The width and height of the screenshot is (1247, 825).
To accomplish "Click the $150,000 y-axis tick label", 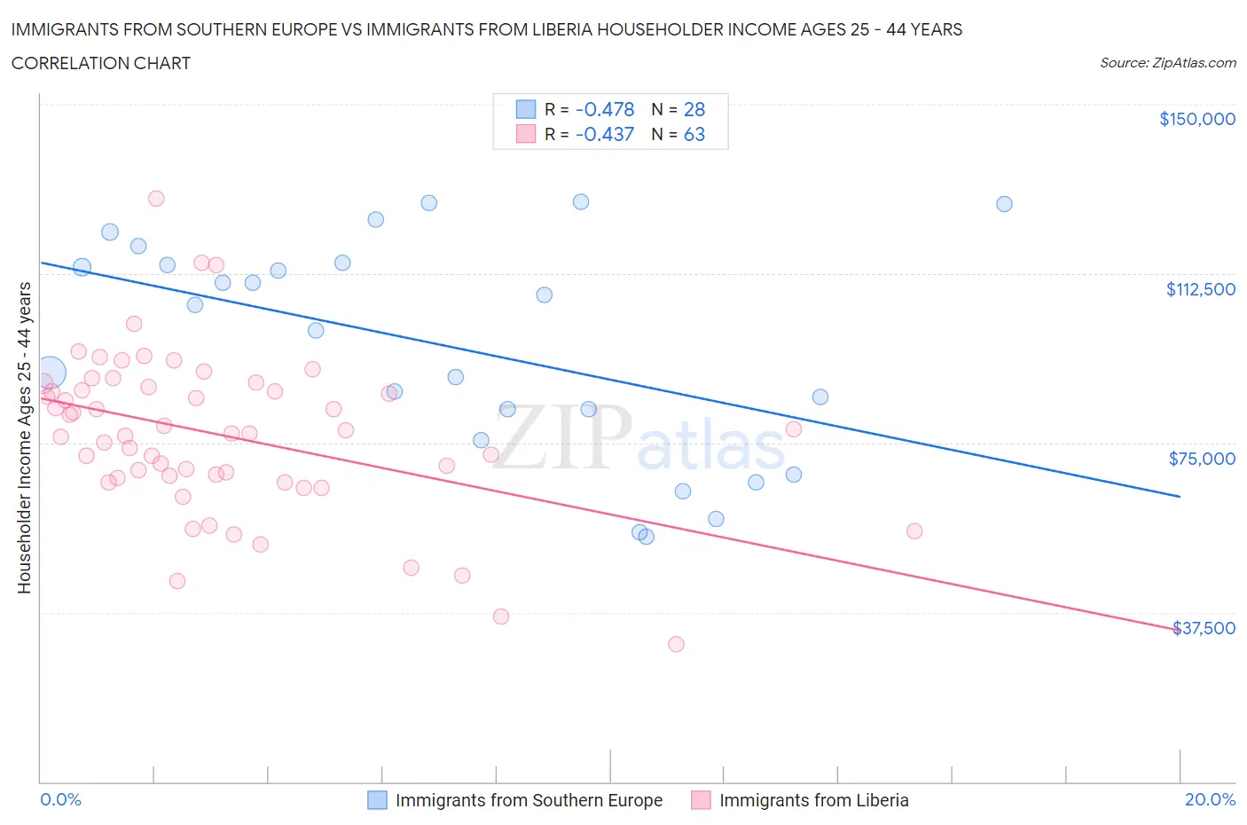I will click(x=1196, y=119).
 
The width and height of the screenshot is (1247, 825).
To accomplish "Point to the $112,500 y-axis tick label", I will click(x=1200, y=289).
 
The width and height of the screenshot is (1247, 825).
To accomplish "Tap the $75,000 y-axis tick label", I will click(x=1202, y=459).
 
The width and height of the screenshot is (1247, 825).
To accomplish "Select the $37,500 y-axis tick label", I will click(x=1204, y=628).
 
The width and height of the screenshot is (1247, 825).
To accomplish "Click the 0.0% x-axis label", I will click(x=60, y=799).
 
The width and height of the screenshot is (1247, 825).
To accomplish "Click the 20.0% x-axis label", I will click(x=1210, y=799).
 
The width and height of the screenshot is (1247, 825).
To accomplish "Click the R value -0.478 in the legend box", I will click(x=605, y=109).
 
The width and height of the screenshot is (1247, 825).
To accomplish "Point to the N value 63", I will click(x=694, y=134).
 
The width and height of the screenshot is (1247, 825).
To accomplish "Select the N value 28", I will click(x=694, y=109).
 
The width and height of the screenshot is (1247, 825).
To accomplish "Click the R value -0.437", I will click(x=605, y=134).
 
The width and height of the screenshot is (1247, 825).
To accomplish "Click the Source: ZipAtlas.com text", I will click(x=1167, y=62).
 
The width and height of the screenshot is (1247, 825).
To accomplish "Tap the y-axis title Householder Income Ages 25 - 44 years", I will click(x=24, y=437).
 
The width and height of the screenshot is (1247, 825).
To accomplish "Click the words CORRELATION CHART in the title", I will click(x=101, y=63).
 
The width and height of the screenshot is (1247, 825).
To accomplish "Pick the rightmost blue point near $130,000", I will click(x=1004, y=204).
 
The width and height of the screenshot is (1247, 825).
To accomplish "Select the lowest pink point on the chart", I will click(x=676, y=644).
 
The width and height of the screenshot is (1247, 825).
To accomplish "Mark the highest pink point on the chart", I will click(x=156, y=199).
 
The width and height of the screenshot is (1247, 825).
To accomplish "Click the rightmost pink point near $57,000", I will click(x=914, y=531).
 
